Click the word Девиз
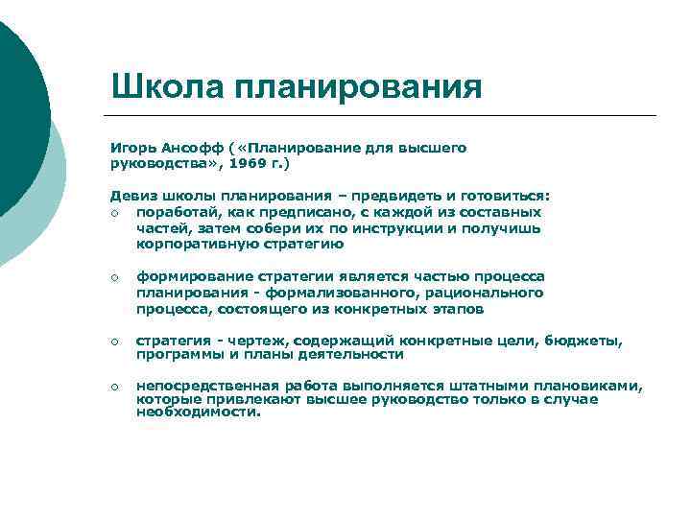coord(132,196)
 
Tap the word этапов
coord(458,309)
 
